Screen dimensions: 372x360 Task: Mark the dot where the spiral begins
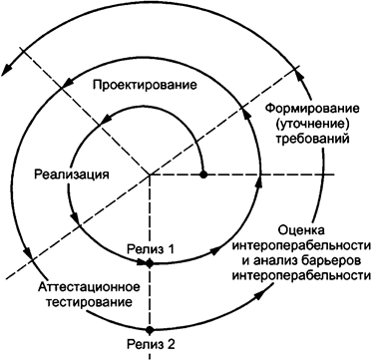click(x=203, y=175)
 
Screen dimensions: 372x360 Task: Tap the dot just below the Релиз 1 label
click(x=150, y=262)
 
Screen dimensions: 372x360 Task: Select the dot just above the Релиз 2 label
click(x=150, y=329)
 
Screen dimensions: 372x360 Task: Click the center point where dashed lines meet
click(x=150, y=175)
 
